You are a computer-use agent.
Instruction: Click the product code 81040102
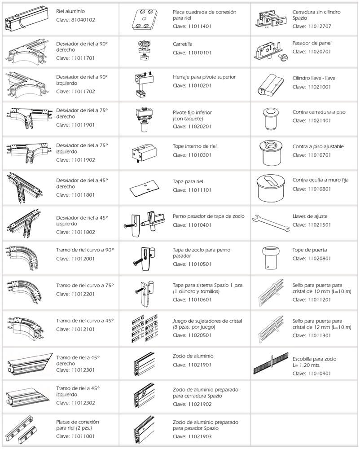83,20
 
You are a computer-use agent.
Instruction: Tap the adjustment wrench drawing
270,223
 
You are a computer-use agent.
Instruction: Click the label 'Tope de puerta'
309,250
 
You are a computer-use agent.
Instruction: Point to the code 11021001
319,87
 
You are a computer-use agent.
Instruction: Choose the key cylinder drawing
270,84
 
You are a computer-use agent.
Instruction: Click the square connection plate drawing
145,19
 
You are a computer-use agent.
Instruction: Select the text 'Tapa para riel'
188,181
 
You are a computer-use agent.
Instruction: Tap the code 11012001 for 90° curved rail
83,259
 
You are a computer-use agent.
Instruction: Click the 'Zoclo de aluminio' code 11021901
200,365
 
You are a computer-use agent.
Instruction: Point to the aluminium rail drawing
26,19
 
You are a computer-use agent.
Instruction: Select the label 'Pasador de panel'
312,43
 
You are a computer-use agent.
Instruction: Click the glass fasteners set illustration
145,329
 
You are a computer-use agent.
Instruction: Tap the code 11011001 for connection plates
83,436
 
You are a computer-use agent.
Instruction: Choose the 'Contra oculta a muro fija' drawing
270,188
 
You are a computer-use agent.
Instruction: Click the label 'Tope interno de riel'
195,146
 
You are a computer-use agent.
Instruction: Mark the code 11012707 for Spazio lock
319,26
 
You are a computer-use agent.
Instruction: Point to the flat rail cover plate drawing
143,188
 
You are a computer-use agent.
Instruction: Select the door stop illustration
270,258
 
